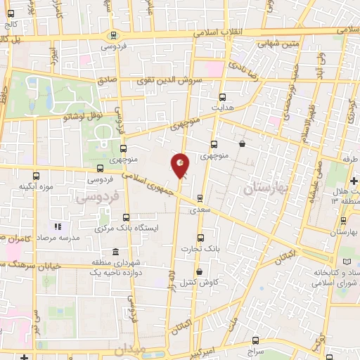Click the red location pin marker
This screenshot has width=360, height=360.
click(x=181, y=164)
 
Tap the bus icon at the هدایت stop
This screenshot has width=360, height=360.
click(x=223, y=97)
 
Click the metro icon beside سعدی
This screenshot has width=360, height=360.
click(x=200, y=198)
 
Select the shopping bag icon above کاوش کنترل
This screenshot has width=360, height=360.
click(x=199, y=271)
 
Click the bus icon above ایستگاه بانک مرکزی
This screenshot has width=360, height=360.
click(x=126, y=217)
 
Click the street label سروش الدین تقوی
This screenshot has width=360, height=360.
click(x=174, y=81)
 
